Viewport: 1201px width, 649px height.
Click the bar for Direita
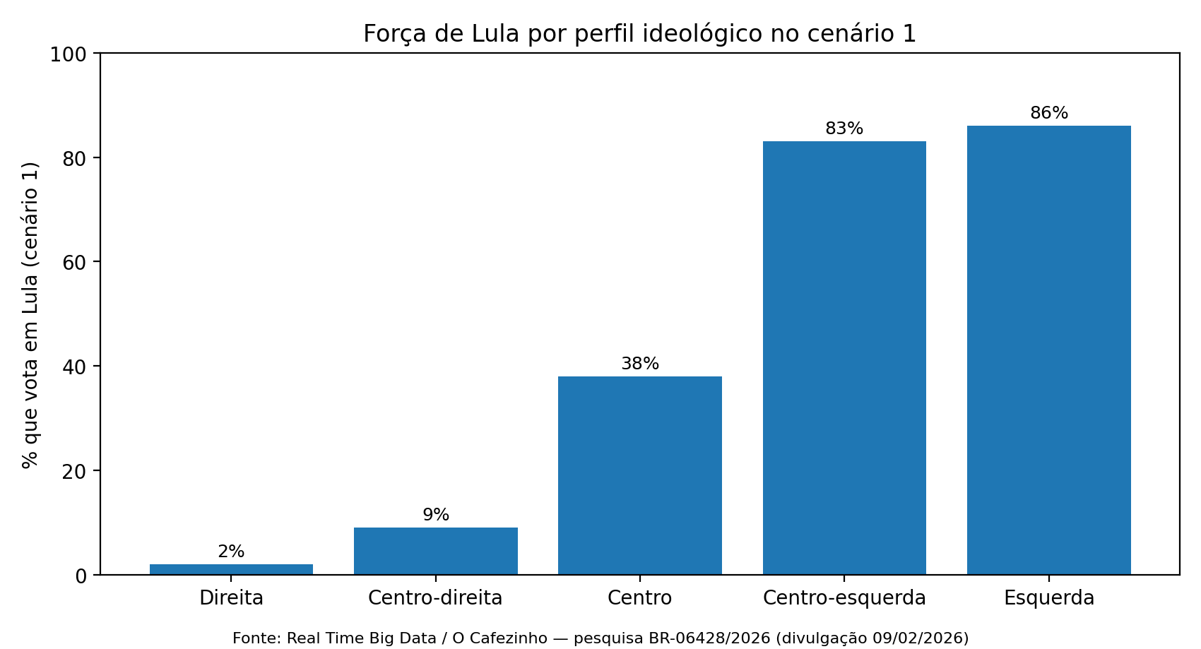(231, 569)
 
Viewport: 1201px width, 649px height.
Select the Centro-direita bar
(435, 551)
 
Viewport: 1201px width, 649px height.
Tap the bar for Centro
(639, 475)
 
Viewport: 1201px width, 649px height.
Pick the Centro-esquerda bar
(844, 358)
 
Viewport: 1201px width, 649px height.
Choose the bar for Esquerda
(1048, 350)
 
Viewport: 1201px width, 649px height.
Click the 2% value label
(231, 552)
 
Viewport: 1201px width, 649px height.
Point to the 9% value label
(436, 515)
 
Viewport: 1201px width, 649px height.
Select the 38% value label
(639, 364)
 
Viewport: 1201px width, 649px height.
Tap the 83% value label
(844, 129)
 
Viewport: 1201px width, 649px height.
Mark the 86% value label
(1048, 113)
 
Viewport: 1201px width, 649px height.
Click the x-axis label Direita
(231, 598)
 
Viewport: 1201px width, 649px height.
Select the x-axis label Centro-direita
(435, 598)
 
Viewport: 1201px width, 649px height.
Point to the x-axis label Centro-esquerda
(844, 598)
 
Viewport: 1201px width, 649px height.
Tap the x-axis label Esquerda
(1048, 598)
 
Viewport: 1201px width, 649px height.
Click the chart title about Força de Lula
(639, 34)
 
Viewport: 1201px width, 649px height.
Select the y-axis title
(30, 314)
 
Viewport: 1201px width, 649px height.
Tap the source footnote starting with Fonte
(600, 638)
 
